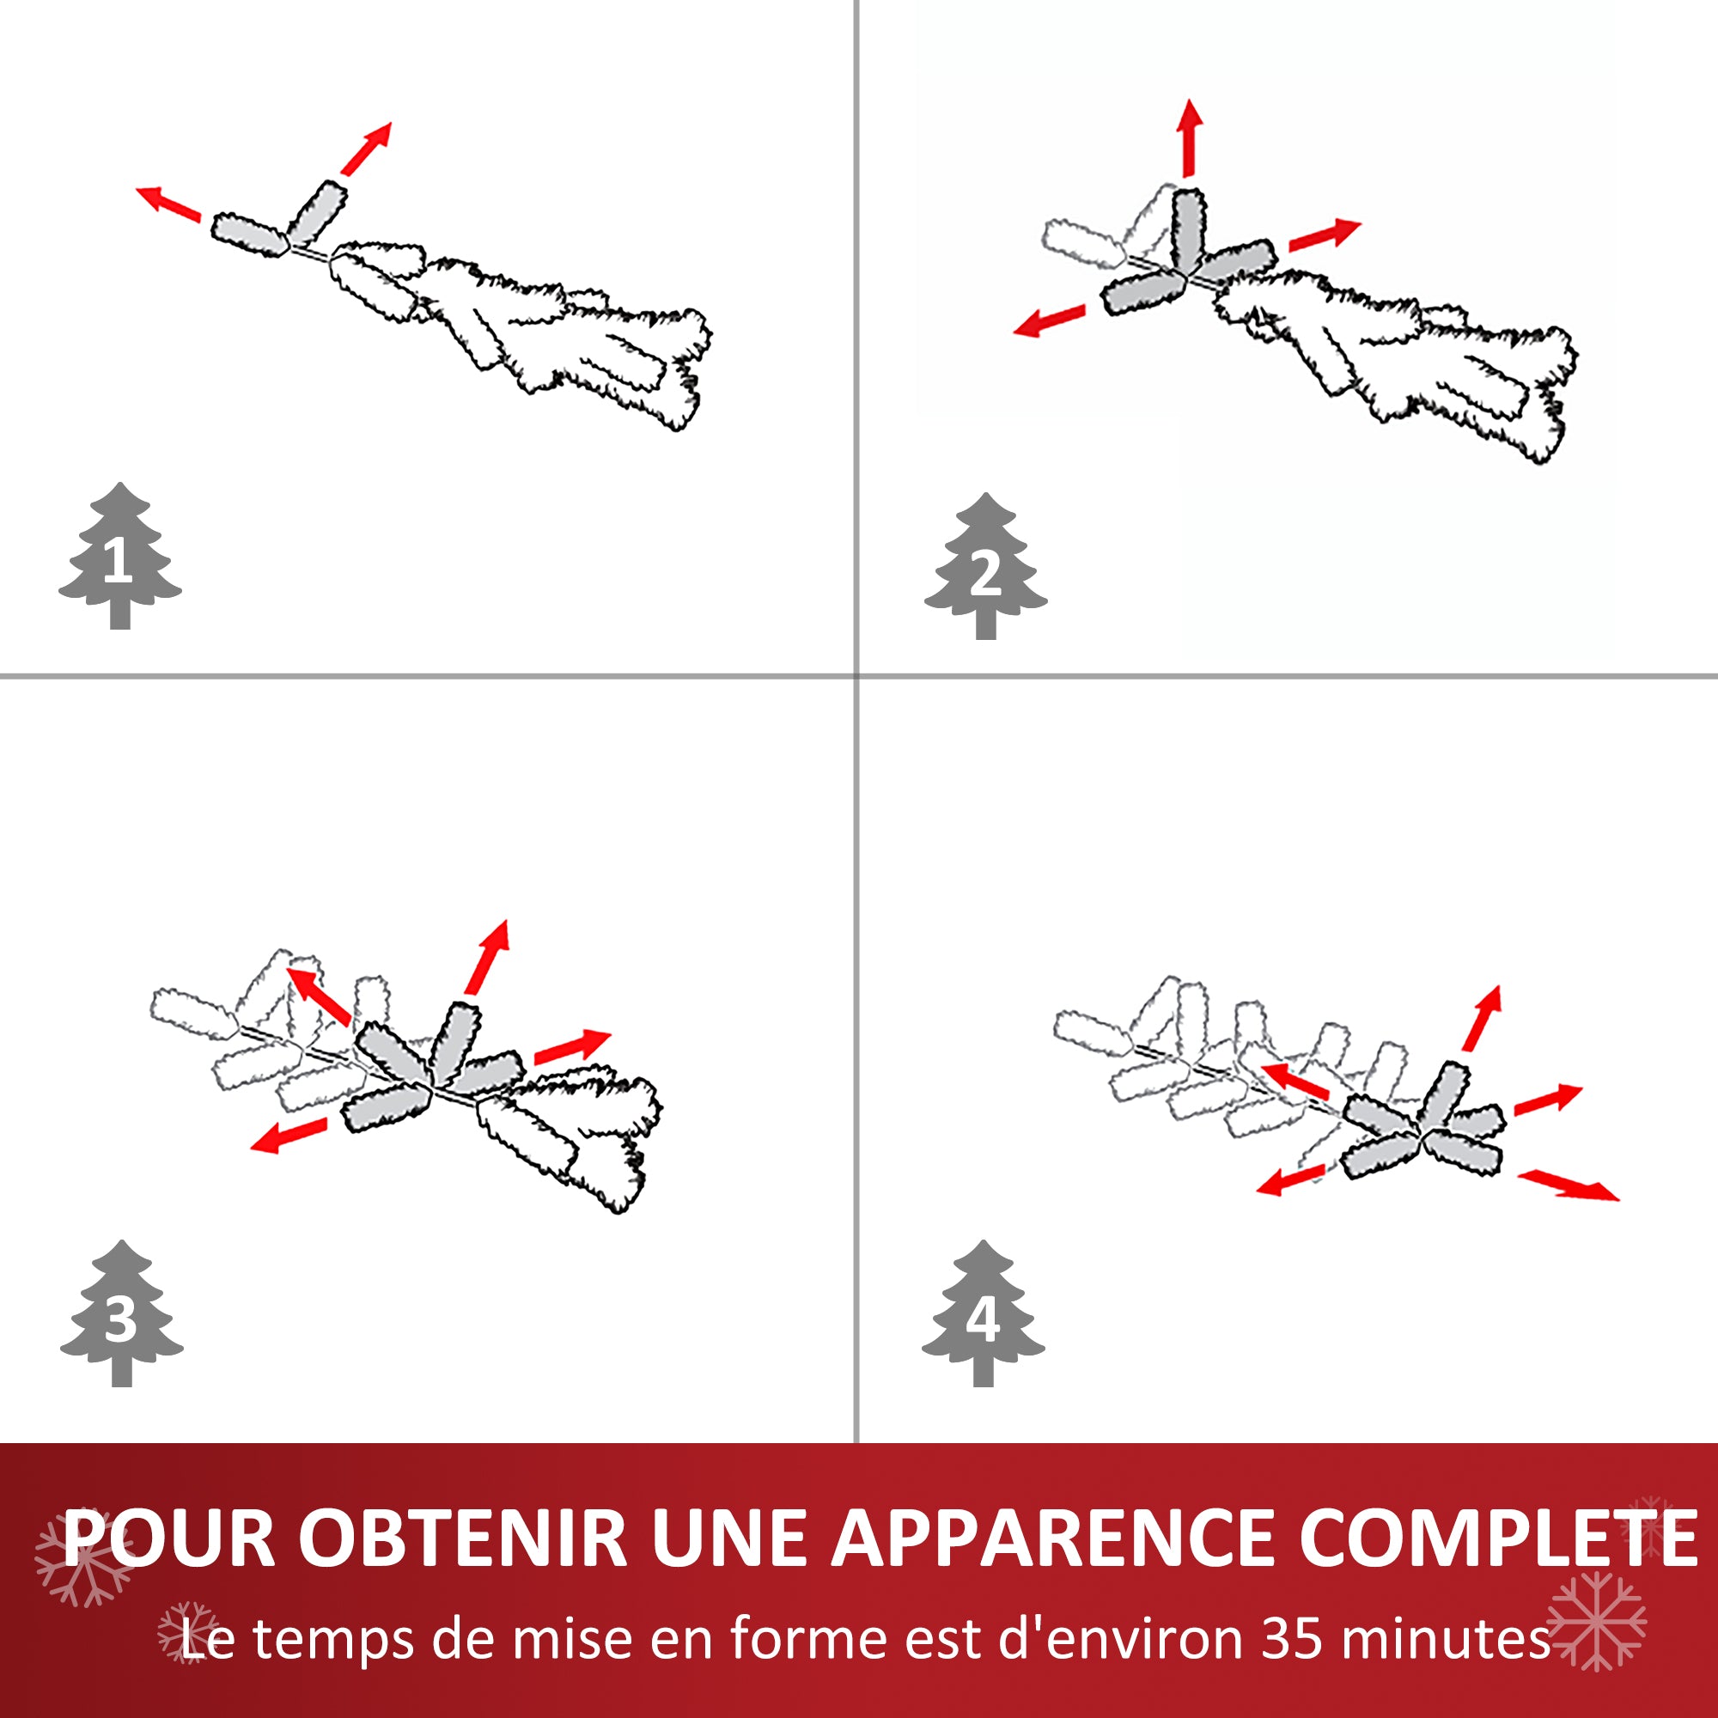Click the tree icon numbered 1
[120, 558]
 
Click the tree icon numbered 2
[985, 570]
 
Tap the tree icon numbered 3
[122, 1316]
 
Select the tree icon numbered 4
[983, 1316]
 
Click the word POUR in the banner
[169, 1539]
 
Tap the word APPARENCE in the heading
[1056, 1539]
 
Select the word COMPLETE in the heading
[1498, 1539]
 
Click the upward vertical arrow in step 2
[1190, 137]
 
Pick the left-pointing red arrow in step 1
[168, 202]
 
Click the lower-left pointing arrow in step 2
[1051, 320]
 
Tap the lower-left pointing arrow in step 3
[288, 1136]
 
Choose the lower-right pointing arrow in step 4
[1569, 1186]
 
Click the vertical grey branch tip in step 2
[1189, 229]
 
